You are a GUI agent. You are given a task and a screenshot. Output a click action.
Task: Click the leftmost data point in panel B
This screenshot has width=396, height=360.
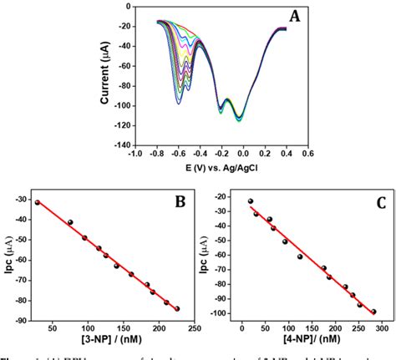[x=37, y=202]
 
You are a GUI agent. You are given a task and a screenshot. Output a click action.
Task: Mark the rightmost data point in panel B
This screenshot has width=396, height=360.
[x=177, y=308]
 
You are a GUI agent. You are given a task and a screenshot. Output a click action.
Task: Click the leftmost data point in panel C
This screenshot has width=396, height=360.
[x=251, y=201]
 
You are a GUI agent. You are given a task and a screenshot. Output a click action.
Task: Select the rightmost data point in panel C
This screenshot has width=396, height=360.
[x=373, y=312]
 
